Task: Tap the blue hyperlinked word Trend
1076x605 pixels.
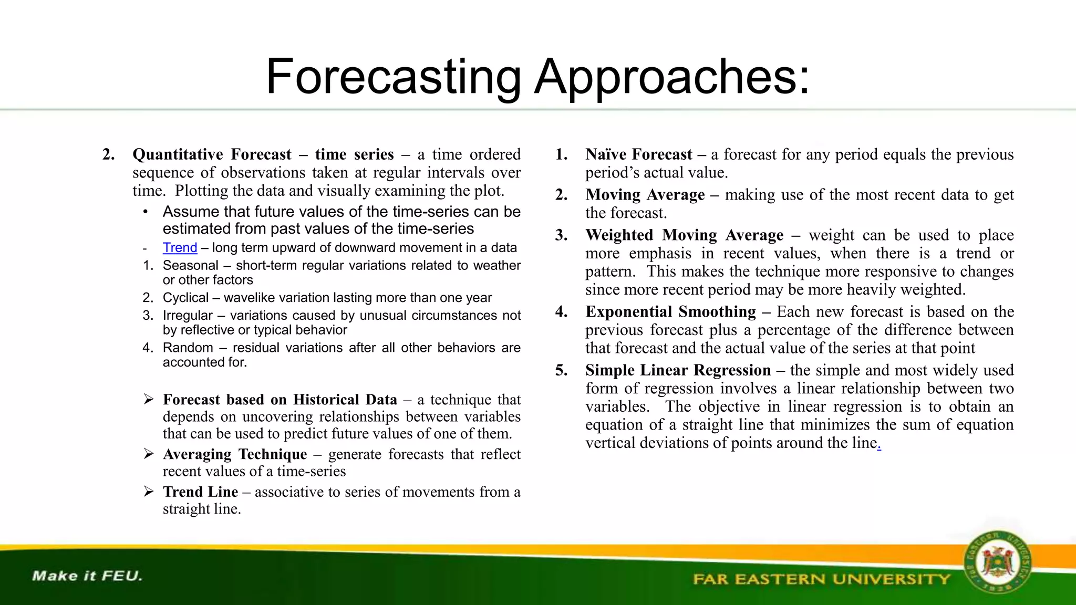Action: [180, 247]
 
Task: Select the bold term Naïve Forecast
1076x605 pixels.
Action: [638, 154]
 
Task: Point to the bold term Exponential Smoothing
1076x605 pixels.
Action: [670, 311]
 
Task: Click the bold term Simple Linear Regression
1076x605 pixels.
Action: [678, 370]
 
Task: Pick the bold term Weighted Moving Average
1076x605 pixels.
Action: [684, 235]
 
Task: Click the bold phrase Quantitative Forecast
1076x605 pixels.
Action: [212, 154]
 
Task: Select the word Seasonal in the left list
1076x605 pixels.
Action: [190, 265]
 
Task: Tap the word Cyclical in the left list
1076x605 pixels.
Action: [185, 298]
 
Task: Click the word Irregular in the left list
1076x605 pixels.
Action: [188, 315]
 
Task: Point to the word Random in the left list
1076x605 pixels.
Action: [188, 348]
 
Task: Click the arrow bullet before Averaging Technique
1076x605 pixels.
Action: [149, 454]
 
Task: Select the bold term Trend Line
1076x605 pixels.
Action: [200, 492]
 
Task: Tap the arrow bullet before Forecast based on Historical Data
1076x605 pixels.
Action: [149, 400]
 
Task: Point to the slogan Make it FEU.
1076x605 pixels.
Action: [87, 576]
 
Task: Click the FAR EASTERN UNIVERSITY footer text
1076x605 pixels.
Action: [821, 579]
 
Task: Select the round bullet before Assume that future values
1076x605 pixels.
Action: [146, 212]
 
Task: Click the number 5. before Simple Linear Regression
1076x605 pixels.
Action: [561, 370]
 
